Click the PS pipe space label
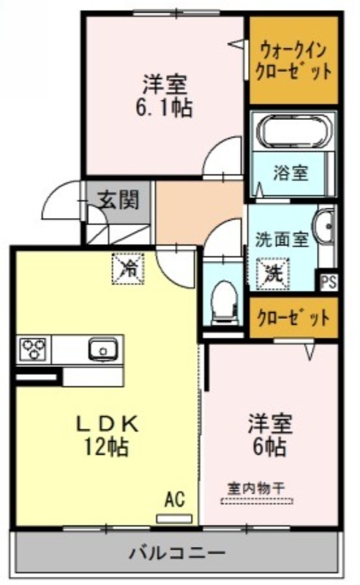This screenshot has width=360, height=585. [x=329, y=282]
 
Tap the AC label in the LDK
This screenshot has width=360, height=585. [x=175, y=499]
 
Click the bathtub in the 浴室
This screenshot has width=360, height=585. [x=294, y=133]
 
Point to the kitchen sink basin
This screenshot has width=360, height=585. [x=103, y=349]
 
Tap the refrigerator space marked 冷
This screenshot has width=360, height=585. [x=128, y=268]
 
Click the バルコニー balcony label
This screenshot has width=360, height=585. [x=177, y=552]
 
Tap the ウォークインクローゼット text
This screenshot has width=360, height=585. [x=293, y=61]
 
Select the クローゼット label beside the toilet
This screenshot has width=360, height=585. [x=293, y=318]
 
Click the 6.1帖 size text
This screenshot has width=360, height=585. [x=165, y=107]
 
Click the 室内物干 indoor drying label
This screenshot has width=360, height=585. [x=256, y=488]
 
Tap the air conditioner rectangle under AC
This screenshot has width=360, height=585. [x=174, y=518]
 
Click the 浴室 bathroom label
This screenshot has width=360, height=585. [x=290, y=173]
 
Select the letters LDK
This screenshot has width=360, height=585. [x=108, y=424]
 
